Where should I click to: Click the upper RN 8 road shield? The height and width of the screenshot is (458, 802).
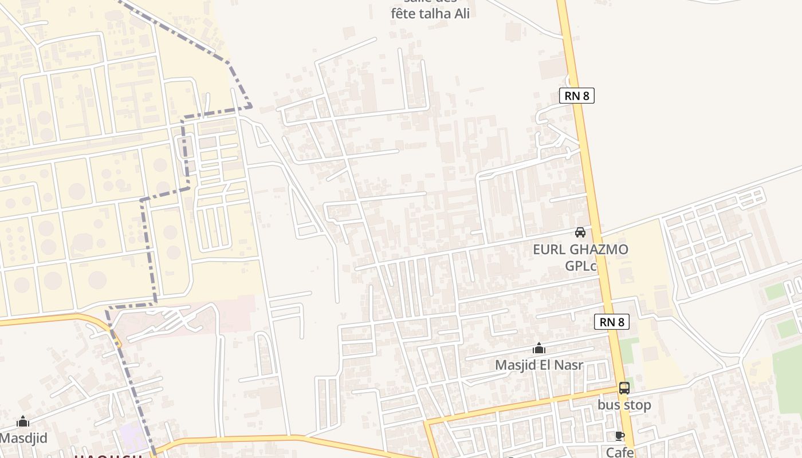577,96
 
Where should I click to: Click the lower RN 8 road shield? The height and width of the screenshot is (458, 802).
612,322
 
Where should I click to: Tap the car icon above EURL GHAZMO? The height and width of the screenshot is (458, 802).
580,232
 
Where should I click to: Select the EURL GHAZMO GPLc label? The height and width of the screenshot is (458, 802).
580,258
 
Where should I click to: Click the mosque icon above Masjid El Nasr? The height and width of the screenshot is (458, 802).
539,348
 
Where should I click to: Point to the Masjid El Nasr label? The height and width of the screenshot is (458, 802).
539,365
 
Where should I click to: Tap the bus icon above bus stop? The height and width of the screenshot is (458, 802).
624,388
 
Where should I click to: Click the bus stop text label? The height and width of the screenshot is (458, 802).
624,405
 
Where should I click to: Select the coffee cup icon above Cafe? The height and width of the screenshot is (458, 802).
619,436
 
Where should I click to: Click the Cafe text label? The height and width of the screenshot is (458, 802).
619,452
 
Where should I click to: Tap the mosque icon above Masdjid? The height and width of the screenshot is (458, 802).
23,422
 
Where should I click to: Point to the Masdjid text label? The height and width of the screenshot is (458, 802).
23,439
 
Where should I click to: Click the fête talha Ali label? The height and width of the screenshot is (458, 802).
430,14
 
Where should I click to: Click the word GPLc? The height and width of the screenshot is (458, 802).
581,266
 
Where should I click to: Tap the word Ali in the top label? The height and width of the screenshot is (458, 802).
462,14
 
